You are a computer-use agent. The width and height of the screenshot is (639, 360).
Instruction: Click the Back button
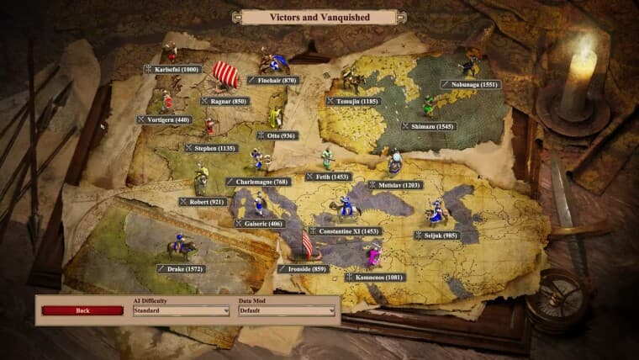[x=82, y=310]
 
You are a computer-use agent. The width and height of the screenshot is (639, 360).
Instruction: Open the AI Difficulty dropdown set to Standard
[x=181, y=310]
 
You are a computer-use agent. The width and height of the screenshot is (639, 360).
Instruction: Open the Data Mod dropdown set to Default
[x=287, y=310]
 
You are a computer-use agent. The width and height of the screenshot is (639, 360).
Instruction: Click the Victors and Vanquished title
[x=319, y=17]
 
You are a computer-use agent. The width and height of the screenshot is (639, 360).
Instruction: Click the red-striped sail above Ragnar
[x=225, y=74]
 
